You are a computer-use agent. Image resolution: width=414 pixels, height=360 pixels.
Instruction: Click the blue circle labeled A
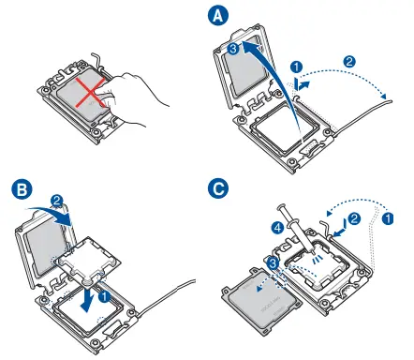218,16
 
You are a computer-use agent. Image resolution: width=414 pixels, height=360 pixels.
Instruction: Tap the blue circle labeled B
22,189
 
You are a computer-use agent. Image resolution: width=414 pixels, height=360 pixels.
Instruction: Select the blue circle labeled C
218,188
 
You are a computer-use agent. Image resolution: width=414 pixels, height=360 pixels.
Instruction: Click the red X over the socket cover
91,92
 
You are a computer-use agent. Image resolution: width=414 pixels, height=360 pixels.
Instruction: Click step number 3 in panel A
234,49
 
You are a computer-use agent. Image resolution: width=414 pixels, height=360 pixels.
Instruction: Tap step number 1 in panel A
296,67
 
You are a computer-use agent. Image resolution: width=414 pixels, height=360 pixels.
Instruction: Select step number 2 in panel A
349,61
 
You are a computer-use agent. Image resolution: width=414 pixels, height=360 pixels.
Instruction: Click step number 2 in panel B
57,201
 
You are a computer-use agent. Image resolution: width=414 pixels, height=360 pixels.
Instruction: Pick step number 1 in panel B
104,296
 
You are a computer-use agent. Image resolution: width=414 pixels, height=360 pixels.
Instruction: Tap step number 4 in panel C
277,228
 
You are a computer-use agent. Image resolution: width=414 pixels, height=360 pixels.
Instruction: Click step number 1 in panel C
388,218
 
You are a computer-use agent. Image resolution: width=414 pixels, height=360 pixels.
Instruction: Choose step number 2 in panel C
354,218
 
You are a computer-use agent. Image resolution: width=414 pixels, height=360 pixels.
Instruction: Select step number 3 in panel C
273,263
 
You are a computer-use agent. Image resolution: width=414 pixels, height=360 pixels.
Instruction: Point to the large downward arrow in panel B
88,298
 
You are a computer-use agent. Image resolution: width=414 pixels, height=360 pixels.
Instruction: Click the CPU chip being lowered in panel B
88,260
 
